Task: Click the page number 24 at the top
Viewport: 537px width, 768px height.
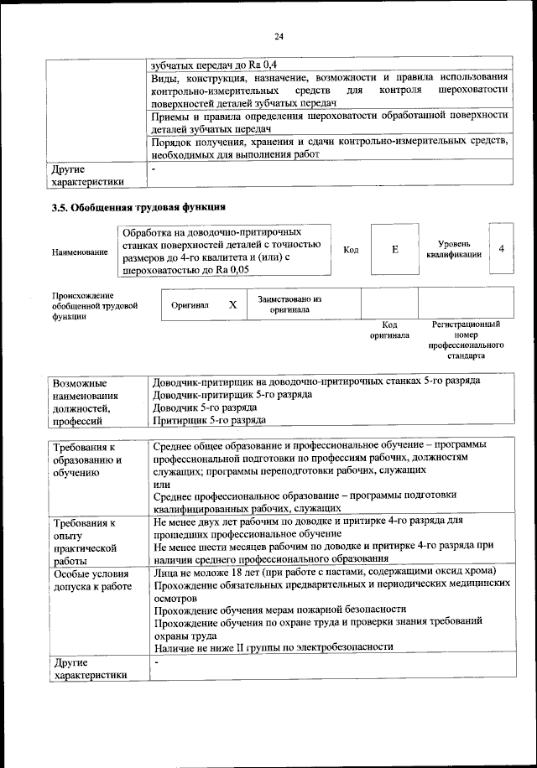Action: [279, 35]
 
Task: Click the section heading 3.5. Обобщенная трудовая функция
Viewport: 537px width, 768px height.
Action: [138, 207]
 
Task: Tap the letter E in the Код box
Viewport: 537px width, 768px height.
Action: [394, 250]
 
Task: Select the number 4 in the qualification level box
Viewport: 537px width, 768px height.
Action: [501, 249]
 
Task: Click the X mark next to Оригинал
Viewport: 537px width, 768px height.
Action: [232, 306]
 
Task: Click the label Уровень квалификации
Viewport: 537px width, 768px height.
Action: [453, 249]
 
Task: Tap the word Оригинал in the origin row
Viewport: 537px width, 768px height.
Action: [190, 306]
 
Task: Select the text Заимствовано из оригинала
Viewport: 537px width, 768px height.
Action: [289, 304]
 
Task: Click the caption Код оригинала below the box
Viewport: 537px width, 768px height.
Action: [389, 330]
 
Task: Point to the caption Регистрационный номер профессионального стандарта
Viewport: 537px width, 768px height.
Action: [466, 340]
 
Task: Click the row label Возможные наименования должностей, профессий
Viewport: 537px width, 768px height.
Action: [87, 400]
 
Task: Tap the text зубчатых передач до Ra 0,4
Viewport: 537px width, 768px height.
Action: [213, 64]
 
